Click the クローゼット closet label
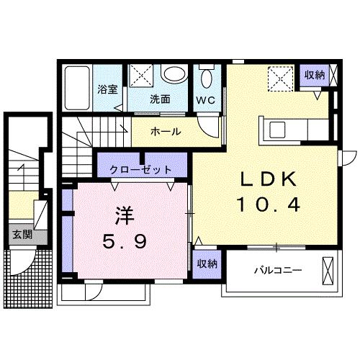142,170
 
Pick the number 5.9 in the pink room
125,243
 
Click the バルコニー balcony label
278,271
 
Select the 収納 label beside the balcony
206,265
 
